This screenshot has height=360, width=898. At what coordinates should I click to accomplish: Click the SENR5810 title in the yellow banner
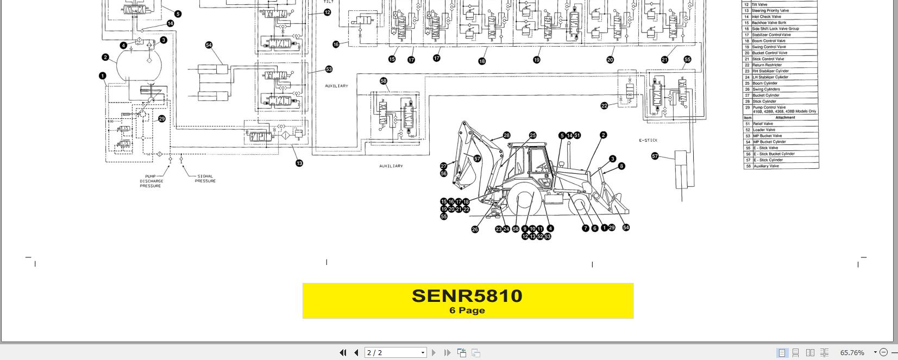pyautogui.click(x=467, y=296)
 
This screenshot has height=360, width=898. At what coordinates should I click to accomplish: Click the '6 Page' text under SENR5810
pyautogui.click(x=467, y=311)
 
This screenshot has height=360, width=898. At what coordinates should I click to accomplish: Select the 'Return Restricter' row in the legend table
pyautogui.click(x=767, y=65)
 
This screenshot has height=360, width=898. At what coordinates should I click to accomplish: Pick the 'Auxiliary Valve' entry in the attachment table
pyautogui.click(x=767, y=166)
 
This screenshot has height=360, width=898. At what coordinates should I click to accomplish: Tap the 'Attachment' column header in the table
pyautogui.click(x=785, y=117)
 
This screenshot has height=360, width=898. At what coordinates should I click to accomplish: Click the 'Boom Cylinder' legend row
pyautogui.click(x=764, y=83)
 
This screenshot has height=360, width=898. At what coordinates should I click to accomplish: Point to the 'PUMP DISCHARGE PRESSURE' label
pyautogui.click(x=150, y=181)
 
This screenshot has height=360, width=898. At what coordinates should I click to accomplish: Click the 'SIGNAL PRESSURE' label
pyautogui.click(x=205, y=179)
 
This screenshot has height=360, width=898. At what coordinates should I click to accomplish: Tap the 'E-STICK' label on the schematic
pyautogui.click(x=648, y=140)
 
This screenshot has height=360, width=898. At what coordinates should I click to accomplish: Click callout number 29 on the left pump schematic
pyautogui.click(x=161, y=119)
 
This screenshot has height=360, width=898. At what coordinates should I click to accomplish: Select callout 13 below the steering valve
pyautogui.click(x=299, y=163)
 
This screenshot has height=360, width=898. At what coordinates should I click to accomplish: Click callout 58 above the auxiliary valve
pyautogui.click(x=384, y=81)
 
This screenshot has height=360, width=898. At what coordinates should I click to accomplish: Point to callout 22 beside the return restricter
pyautogui.click(x=604, y=105)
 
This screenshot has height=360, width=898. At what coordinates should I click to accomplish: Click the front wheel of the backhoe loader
pyautogui.click(x=578, y=206)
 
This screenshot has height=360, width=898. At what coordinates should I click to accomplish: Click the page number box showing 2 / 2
pyautogui.click(x=395, y=352)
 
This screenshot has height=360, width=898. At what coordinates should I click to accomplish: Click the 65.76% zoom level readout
pyautogui.click(x=852, y=352)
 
